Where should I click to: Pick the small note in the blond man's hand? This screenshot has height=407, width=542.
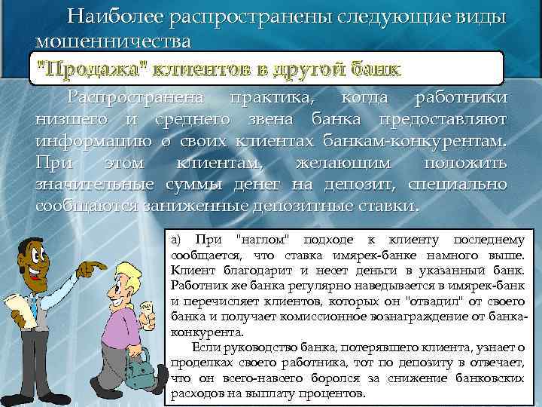point(150,305)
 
